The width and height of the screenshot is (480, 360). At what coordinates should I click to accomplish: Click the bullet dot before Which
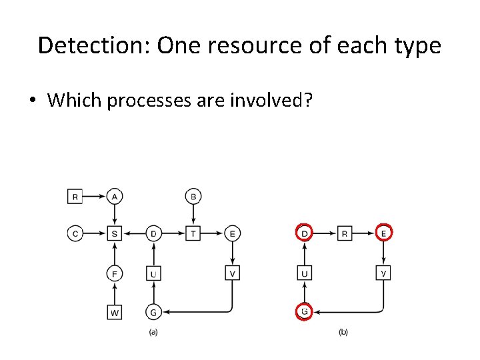point(32,101)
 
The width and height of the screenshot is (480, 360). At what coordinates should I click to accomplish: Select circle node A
point(115,196)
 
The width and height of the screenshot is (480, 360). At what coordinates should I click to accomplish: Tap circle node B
point(193,196)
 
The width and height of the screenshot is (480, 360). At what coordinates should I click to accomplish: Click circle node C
point(76,233)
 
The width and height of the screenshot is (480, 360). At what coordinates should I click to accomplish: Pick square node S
point(115,233)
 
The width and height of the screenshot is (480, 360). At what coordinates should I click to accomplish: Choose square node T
point(193,233)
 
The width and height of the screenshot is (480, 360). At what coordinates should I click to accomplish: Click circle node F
point(115,273)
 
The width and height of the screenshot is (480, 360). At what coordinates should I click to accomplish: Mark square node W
point(115,311)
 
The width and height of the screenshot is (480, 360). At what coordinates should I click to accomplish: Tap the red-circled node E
point(383,233)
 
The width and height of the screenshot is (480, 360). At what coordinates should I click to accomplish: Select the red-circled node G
point(304,311)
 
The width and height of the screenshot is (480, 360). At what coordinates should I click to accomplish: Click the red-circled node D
point(304,233)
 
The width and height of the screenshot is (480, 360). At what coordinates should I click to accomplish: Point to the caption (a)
point(153,332)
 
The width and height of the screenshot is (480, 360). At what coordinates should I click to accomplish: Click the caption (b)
point(343,332)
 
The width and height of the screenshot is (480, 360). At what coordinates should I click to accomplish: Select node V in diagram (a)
point(232,273)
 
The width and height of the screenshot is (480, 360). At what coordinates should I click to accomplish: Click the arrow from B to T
point(193,215)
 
